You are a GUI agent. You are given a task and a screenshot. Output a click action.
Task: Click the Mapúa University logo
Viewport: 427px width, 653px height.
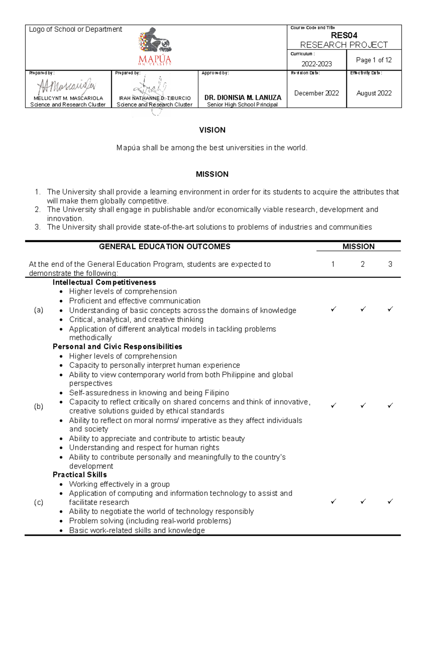pos(155,47)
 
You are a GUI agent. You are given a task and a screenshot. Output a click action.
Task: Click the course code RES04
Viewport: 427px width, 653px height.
pos(344,35)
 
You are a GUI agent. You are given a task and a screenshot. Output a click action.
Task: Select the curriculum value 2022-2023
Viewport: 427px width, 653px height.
pos(316,64)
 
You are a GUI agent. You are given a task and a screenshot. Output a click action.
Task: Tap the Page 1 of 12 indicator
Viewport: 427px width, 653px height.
pos(374,60)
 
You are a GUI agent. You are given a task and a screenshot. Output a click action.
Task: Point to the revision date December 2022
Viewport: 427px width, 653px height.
pos(316,93)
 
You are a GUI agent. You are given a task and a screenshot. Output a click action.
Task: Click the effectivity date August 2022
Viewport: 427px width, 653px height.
pos(374,93)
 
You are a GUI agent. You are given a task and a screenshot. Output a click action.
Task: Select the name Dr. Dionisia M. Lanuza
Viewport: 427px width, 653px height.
pos(243,98)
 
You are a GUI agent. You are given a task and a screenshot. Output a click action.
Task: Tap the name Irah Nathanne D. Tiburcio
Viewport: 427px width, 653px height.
pos(154,98)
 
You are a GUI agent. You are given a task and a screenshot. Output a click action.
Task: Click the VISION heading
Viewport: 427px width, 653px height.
pos(212,130)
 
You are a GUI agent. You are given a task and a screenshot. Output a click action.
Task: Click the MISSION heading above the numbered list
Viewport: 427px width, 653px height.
pos(212,174)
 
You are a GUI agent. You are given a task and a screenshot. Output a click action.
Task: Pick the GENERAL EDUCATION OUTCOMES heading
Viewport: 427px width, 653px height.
pos(164,247)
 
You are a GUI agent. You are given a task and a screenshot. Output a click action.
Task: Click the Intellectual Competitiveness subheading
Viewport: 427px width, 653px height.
pos(104,283)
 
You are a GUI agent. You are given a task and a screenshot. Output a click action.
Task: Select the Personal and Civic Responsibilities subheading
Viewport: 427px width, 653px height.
pos(117,347)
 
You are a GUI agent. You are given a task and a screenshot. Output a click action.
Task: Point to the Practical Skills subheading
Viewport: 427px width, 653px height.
pos(80,475)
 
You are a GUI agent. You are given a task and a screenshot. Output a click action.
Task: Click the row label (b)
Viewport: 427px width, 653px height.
pos(38,406)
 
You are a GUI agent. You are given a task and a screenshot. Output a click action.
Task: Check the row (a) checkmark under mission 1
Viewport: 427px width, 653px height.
pos(333,309)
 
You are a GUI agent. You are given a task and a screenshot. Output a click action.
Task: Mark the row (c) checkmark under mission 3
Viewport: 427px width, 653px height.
pos(390,501)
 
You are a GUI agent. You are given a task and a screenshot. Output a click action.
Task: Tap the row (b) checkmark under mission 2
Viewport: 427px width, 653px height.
pos(363,405)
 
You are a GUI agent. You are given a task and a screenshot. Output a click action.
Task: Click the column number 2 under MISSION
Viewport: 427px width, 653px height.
pos(363,264)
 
